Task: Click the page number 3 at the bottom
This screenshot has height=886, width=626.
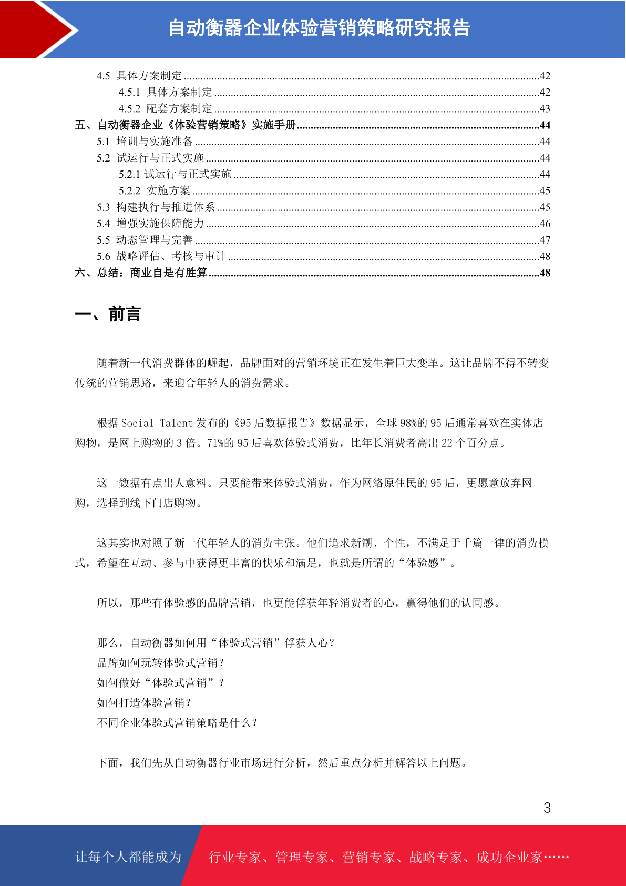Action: (547, 808)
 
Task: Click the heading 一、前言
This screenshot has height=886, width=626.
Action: (108, 314)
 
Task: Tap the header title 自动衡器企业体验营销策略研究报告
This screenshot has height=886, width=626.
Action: (319, 28)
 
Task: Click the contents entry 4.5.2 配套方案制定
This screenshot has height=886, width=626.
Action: (166, 108)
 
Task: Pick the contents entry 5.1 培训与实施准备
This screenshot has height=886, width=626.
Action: (145, 142)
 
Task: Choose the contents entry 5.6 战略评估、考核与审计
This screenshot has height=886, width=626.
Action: (161, 256)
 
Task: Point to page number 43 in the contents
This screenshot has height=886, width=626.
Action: (545, 108)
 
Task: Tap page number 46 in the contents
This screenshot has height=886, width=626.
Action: (545, 224)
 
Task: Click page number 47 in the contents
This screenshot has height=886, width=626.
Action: (545, 240)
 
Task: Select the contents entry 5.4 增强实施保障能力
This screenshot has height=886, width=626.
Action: (150, 224)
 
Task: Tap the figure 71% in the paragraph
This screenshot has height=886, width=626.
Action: (215, 443)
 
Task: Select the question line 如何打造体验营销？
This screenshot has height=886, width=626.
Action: (145, 703)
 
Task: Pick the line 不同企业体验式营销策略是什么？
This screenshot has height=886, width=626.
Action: (178, 723)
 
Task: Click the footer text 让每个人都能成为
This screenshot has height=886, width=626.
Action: (128, 857)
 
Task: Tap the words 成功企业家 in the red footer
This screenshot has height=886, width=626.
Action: (509, 858)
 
